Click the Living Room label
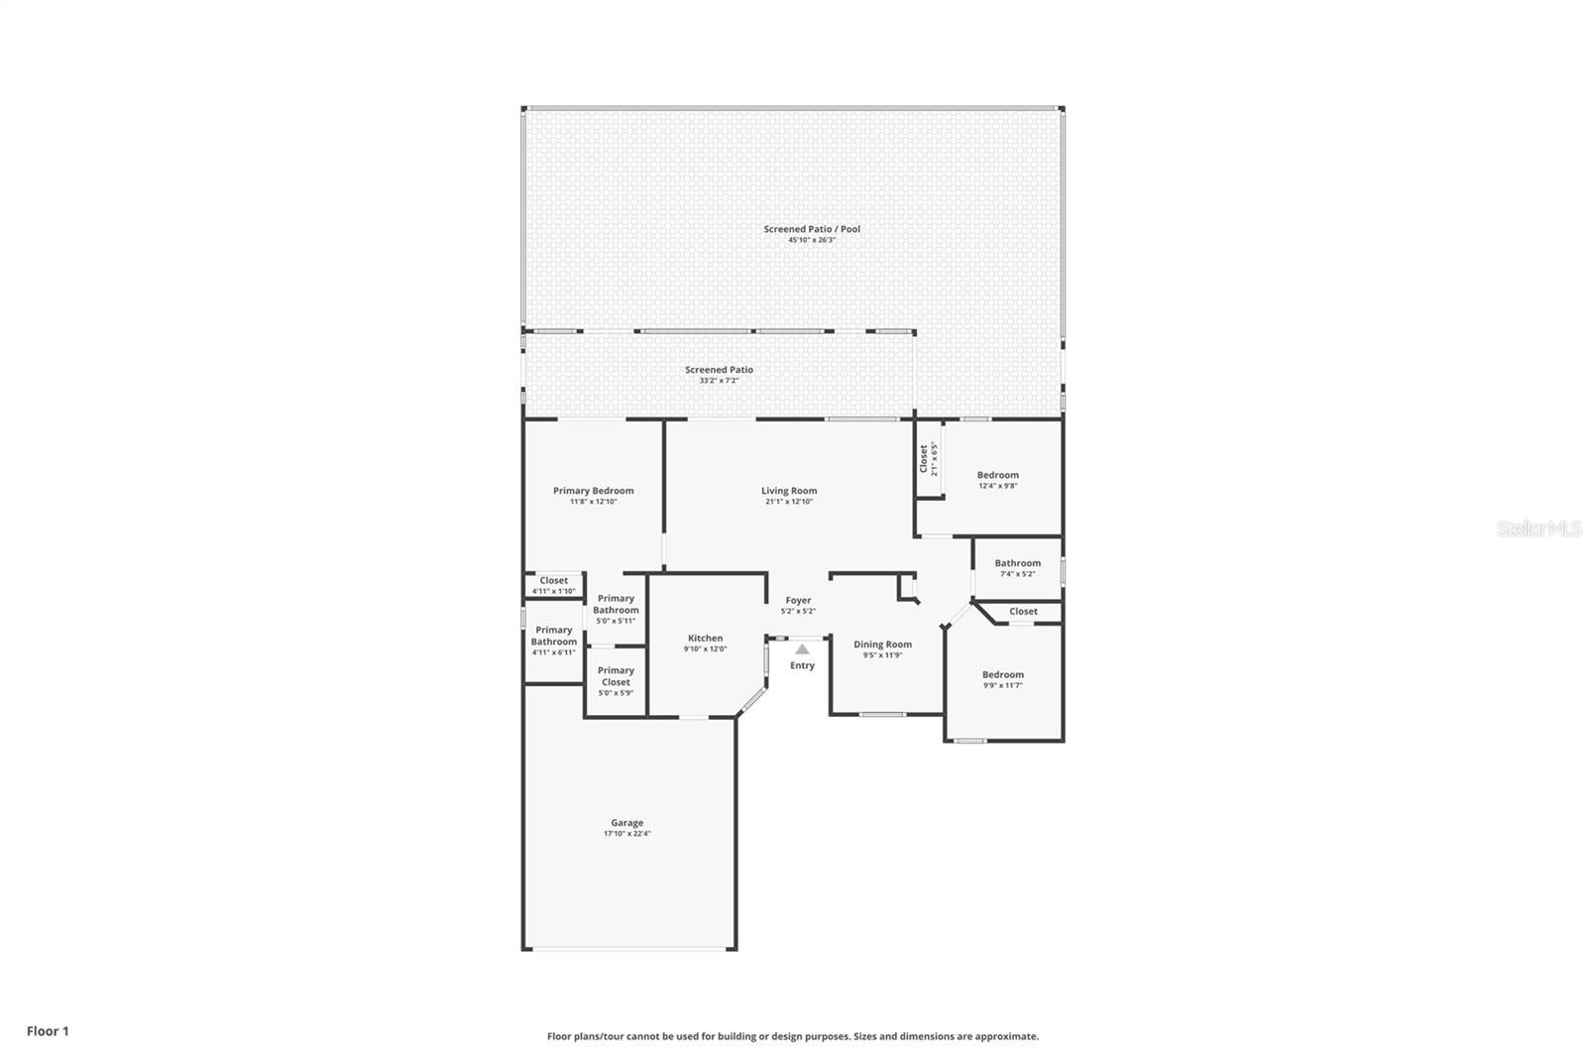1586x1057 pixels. (789, 491)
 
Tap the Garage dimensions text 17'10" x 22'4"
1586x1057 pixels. (626, 834)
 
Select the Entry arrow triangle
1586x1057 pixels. (802, 649)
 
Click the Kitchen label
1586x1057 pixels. (705, 639)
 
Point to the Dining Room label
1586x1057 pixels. (882, 645)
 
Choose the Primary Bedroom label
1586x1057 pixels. (593, 491)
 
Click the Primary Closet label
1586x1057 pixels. (616, 676)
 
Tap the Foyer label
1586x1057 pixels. (798, 600)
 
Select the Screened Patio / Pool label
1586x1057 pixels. (812, 229)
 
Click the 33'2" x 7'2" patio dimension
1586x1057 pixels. (719, 381)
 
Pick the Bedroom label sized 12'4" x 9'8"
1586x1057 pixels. (997, 475)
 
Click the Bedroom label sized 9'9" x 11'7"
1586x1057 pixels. (1002, 674)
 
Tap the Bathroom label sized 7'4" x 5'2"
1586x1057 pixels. (1017, 563)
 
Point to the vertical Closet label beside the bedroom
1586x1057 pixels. (923, 458)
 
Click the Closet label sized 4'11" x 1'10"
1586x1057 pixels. (553, 581)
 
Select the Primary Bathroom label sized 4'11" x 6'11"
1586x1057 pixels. (553, 636)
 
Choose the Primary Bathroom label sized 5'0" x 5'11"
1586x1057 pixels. (616, 604)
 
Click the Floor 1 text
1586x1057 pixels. (48, 1031)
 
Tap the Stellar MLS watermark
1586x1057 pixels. (1538, 529)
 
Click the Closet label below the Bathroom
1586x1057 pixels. (1023, 612)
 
